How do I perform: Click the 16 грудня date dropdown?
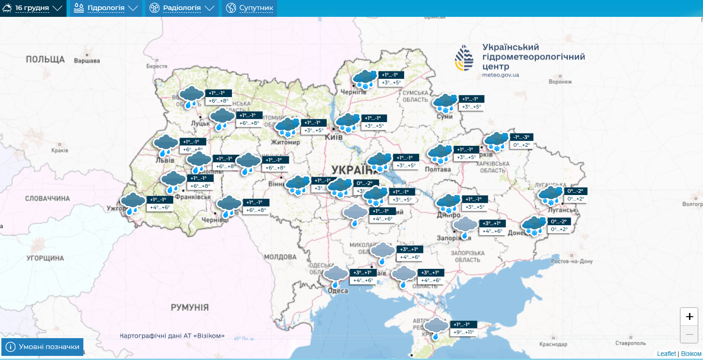pos(33,8)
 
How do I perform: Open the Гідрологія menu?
pos(105,8)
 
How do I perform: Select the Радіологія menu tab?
pos(182,8)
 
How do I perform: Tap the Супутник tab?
pos(250,8)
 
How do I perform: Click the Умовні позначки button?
pos(43,347)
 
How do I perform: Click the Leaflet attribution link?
pos(666,354)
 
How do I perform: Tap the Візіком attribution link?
pos(691,354)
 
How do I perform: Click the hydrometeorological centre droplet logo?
pos(464,58)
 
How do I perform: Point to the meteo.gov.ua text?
pos(500,75)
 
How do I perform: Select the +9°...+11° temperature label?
pos(464,333)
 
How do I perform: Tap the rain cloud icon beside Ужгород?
pos(133,203)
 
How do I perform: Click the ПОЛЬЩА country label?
pos(45,60)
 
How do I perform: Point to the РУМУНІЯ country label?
pos(190,308)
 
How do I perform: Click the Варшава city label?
pos(87,61)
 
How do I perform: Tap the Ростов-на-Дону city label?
pos(572,262)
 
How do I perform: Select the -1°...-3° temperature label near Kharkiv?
pos(521,137)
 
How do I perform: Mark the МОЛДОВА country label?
pos(280,257)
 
